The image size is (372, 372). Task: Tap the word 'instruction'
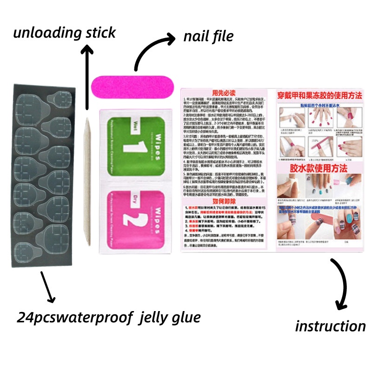click(x=331, y=326)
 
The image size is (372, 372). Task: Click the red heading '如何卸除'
click(x=226, y=201)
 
